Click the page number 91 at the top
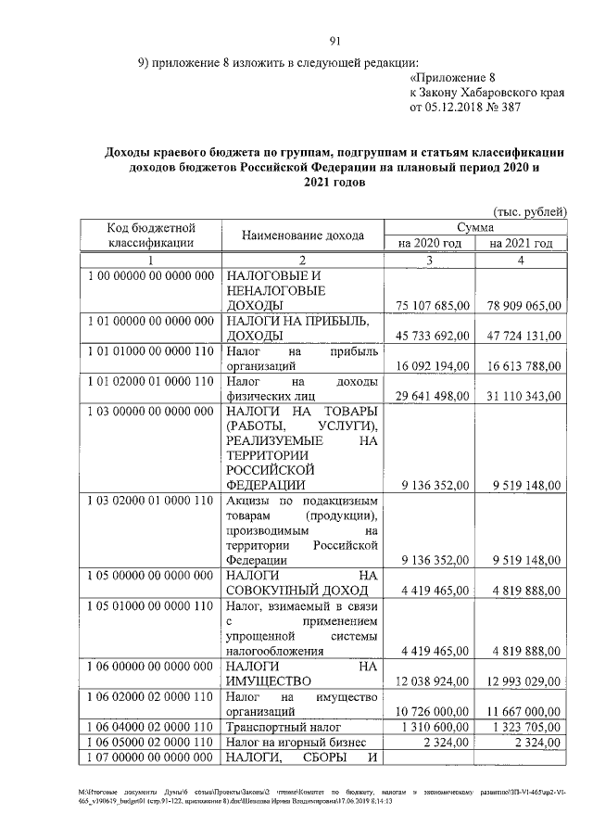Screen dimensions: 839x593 (x=335, y=40)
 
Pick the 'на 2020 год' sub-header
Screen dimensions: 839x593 (x=430, y=243)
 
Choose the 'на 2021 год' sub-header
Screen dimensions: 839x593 (x=520, y=243)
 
